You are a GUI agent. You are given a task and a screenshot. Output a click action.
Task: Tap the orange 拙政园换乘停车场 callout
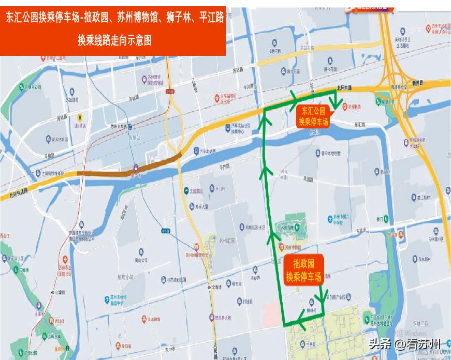click(x=304, y=270)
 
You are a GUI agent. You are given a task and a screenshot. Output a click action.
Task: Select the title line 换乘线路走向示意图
click(x=115, y=40)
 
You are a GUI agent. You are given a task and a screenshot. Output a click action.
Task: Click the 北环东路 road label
click(x=343, y=87)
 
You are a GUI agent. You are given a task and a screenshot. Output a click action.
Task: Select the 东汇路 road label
click(x=360, y=125)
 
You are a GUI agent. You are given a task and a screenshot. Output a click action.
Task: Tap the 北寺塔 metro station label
click(x=214, y=287)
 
